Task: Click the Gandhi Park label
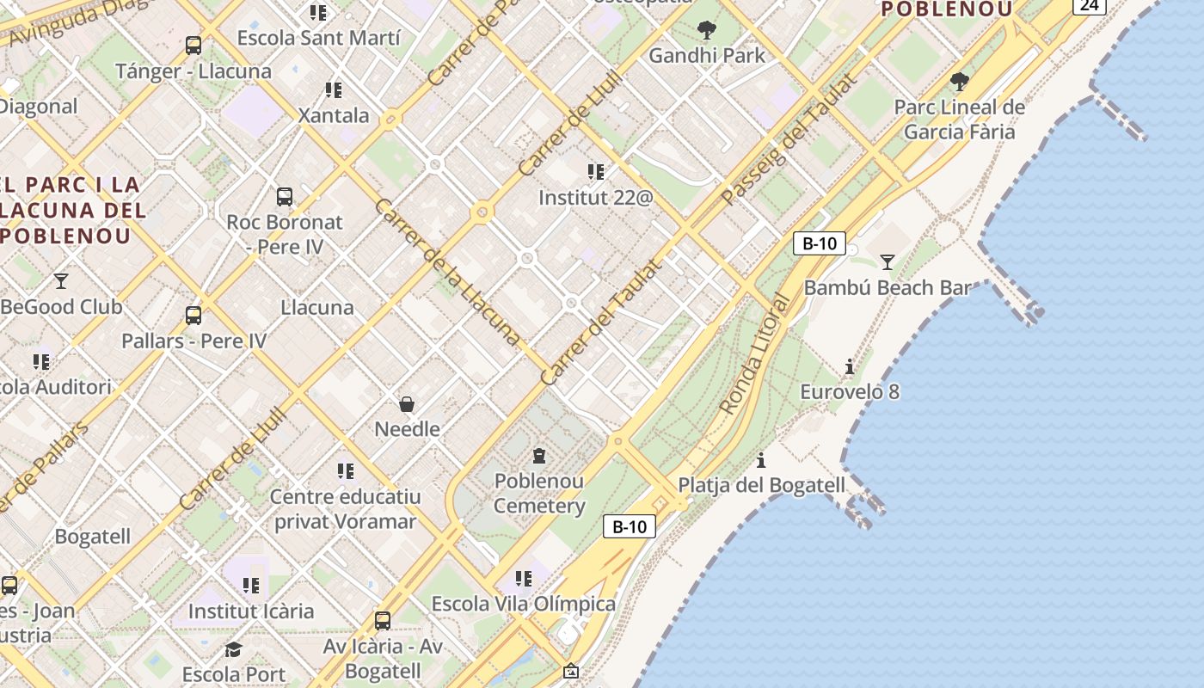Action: (706, 56)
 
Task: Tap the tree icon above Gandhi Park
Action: (706, 31)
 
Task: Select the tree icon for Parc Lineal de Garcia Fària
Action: (960, 83)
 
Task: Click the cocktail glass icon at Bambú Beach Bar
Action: (887, 262)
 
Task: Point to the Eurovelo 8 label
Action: (850, 392)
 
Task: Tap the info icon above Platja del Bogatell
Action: (761, 460)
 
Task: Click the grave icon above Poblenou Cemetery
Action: (539, 456)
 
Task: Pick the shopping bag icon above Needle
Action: (407, 403)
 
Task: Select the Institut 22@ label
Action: (595, 198)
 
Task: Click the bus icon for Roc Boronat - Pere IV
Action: (285, 197)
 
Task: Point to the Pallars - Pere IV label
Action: (193, 341)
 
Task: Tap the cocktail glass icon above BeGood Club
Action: (61, 281)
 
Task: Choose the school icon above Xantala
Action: (334, 90)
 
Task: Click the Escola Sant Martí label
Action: (318, 39)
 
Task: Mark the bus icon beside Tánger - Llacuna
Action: (193, 46)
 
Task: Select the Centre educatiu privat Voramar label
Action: (345, 509)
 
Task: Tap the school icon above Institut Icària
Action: (251, 586)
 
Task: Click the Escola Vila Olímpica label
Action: (523, 604)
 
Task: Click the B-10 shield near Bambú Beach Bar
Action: (819, 243)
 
